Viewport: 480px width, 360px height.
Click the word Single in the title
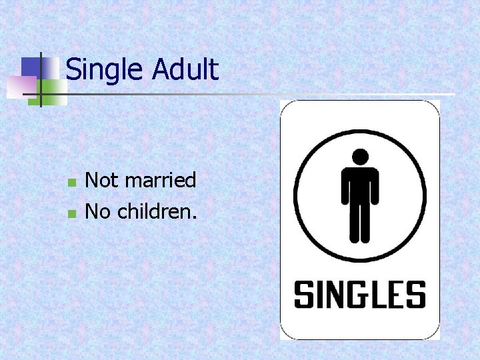tap(104, 70)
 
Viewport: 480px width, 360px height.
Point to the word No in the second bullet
tap(99, 212)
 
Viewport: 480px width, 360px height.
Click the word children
tap(157, 212)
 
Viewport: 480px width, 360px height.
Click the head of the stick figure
tap(360, 157)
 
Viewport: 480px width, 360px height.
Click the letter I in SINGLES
tap(319, 295)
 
